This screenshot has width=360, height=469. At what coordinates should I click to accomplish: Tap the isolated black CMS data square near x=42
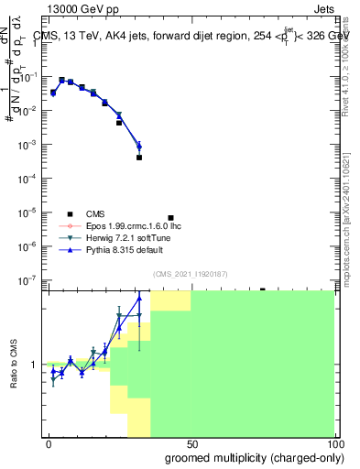click(170, 218)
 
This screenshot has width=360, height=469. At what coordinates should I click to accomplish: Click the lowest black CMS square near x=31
click(139, 158)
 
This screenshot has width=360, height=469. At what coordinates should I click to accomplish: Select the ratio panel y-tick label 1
click(35, 365)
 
